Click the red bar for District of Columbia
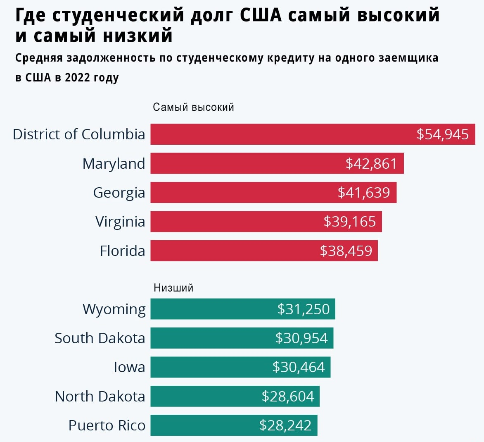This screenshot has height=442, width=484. tap(313, 134)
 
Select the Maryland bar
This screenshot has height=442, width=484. tap(277, 163)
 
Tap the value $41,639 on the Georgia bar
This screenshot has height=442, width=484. tap(364, 193)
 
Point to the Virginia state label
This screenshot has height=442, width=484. tap(120, 222)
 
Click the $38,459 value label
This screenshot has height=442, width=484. tap(346, 251)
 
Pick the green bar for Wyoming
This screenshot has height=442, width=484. tap(243, 309)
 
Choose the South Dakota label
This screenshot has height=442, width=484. tap(100, 338)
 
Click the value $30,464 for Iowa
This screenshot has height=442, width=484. tap(299, 367)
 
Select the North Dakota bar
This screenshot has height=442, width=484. tap(235, 396)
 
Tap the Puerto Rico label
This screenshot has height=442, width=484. tap(107, 425)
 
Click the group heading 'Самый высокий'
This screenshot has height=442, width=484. tap(194, 107)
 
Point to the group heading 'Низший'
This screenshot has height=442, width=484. tap(173, 288)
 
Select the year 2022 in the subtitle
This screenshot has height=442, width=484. tap(77, 77)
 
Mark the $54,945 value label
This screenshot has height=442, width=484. tap(443, 134)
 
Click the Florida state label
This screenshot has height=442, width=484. tap(122, 251)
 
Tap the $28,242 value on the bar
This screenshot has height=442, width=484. tap(285, 425)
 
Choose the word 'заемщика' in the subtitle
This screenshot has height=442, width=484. tap(408, 58)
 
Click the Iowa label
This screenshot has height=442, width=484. tap(129, 367)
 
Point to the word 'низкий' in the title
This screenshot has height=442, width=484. tap(138, 35)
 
